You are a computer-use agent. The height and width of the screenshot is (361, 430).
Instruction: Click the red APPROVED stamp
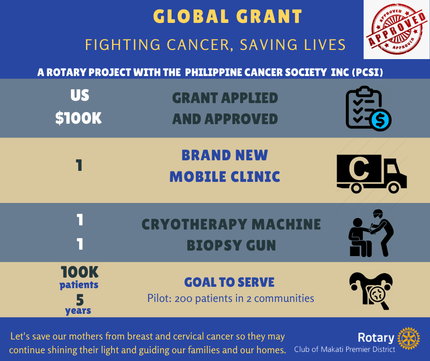[x=396, y=29]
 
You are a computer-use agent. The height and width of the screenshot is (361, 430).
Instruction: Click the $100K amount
[x=78, y=118]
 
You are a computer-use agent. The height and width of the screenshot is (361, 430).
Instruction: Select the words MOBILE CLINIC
[x=225, y=177]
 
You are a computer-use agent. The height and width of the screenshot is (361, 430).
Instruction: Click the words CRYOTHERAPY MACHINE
[x=231, y=224]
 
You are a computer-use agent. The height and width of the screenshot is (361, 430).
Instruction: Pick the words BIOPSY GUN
[x=231, y=246]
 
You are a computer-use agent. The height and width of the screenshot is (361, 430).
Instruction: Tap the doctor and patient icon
[x=371, y=233]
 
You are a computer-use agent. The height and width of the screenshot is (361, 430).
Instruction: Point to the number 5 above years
[x=80, y=300]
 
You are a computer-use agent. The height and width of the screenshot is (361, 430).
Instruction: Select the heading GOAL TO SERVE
[x=229, y=282]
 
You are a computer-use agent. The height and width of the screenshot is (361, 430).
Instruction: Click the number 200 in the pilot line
[x=186, y=299]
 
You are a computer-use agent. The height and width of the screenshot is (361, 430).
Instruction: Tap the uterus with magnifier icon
[x=371, y=290]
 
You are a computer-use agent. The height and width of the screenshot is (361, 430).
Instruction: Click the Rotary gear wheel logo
[x=408, y=339]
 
